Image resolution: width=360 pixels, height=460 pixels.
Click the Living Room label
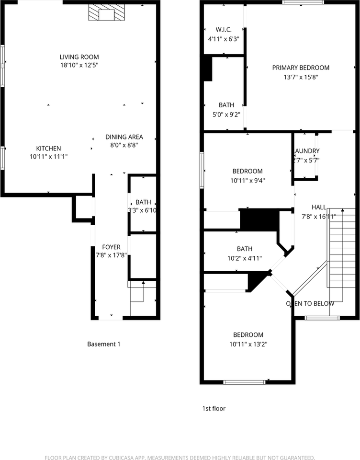(79, 57)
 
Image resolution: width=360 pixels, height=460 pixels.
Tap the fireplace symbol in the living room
(106, 14)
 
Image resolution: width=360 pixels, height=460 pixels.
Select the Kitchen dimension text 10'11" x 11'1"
(48, 156)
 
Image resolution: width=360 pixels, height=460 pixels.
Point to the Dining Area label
(124, 137)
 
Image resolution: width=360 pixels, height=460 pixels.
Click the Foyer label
(111, 247)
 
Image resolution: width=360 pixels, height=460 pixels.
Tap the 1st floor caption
(214, 409)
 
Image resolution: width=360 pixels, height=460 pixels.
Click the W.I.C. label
(223, 29)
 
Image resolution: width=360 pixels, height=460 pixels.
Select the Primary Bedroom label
(301, 68)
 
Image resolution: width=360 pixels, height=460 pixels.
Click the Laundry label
(306, 151)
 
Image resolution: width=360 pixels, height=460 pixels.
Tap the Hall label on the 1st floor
(319, 207)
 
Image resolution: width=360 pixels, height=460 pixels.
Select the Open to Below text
(310, 303)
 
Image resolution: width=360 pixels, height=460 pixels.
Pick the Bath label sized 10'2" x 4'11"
(244, 249)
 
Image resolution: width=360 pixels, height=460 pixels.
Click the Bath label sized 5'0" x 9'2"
(226, 105)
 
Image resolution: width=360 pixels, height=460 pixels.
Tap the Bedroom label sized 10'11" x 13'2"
(248, 335)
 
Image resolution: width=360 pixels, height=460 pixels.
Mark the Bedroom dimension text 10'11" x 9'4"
(247, 181)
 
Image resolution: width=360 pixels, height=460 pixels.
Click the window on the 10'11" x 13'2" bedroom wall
(244, 382)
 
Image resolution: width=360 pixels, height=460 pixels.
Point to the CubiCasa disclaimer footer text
(180, 457)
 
